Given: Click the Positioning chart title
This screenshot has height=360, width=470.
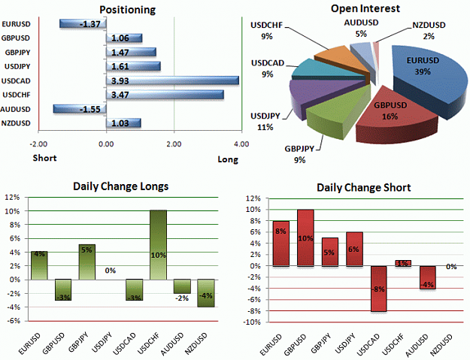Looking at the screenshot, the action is point(127,10).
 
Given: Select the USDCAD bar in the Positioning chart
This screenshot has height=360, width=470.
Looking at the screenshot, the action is point(173,80).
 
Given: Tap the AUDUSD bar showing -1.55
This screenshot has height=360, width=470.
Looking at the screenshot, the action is point(80,109).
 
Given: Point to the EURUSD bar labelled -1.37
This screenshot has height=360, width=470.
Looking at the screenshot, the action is point(83,23).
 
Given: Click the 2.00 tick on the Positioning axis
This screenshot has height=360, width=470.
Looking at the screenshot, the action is point(174,144).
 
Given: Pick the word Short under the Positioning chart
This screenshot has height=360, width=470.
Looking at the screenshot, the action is point(44,158).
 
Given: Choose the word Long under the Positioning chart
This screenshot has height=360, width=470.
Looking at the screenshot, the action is point(228,159).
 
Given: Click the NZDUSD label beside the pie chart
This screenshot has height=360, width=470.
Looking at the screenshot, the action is point(429,25).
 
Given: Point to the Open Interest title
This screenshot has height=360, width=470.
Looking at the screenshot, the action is point(365,9).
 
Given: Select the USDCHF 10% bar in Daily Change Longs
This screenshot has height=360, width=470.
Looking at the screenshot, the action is point(158,245).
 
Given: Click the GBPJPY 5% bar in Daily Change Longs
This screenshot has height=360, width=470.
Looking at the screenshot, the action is point(87,262).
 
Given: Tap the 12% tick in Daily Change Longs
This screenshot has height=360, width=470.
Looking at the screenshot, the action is point(12,197).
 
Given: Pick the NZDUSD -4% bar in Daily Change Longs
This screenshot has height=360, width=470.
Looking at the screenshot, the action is point(206,293).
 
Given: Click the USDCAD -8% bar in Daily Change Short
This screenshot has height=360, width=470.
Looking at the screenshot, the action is point(378,289).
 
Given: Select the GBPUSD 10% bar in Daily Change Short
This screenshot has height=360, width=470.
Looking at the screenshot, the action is point(305,237).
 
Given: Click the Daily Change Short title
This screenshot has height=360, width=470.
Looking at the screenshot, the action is point(363,188).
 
